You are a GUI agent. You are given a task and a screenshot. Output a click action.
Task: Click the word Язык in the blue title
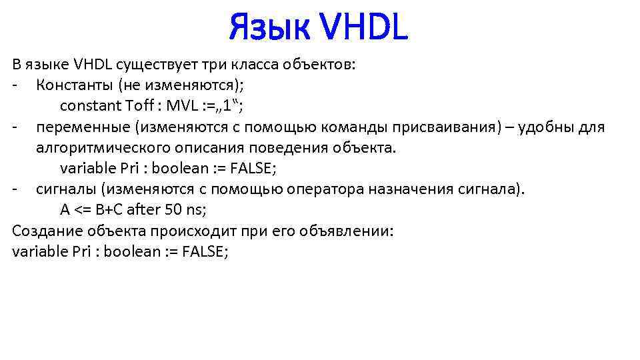point(268,28)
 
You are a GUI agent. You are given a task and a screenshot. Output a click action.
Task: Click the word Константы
point(71,85)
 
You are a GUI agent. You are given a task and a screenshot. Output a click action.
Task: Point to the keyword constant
point(89,106)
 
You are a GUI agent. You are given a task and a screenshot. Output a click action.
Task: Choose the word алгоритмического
point(101,147)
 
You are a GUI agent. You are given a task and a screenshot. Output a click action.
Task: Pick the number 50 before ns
point(173,209)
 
